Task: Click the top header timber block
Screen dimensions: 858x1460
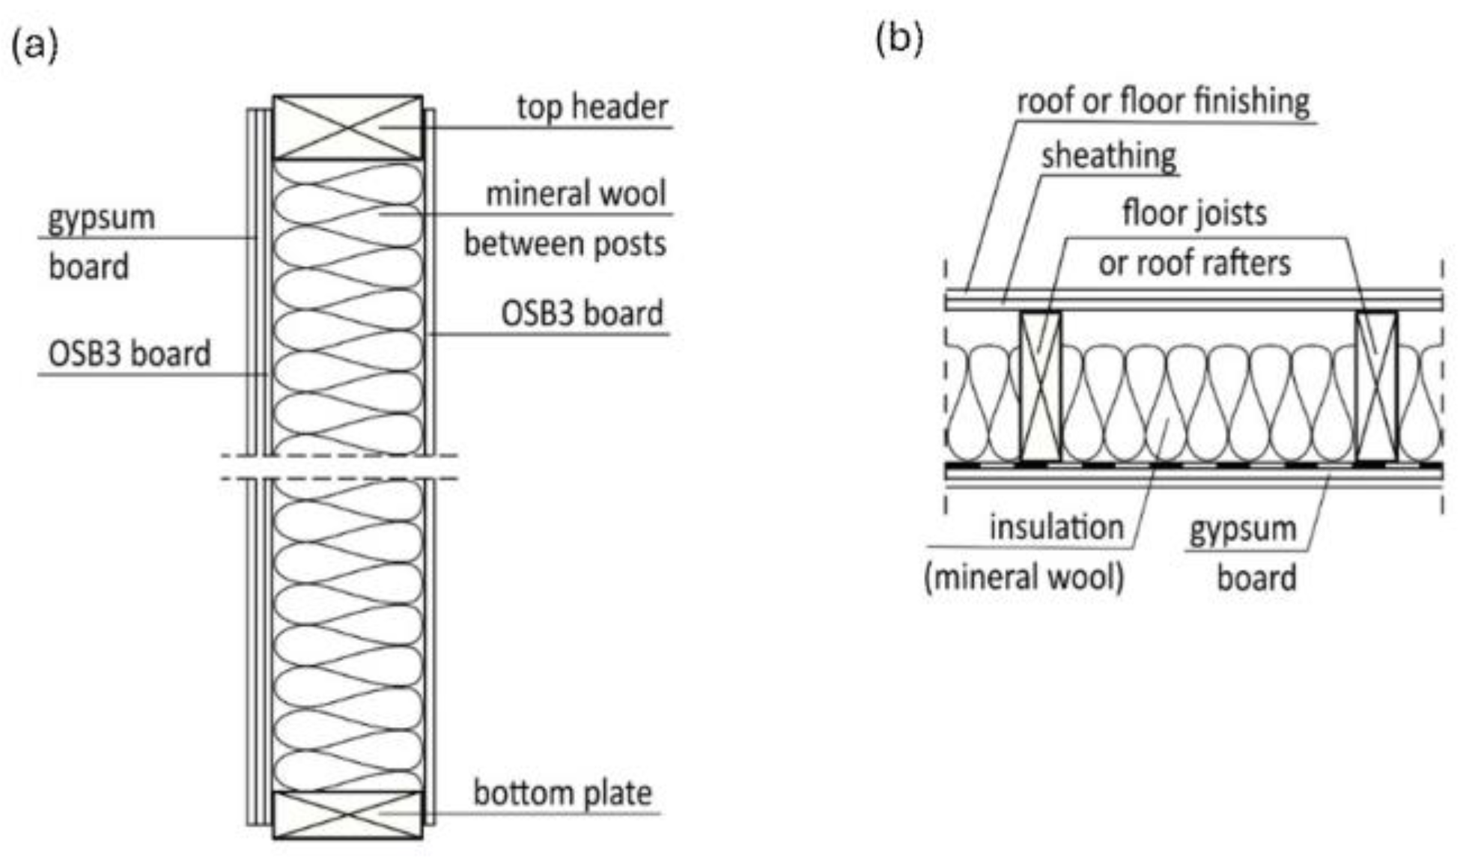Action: coord(347,127)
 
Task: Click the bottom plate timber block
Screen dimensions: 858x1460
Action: coord(347,815)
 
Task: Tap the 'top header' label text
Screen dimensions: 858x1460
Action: coord(591,107)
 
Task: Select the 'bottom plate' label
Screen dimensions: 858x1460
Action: coord(562,793)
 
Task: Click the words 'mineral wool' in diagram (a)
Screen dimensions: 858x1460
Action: coord(575,194)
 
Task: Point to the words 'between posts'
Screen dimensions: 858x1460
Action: coord(565,244)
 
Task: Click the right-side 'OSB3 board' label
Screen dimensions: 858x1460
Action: coord(582,313)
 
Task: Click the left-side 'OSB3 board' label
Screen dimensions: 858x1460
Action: coord(129,353)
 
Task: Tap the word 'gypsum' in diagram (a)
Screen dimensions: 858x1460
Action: coord(101,219)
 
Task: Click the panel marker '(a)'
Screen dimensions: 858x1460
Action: coord(34,46)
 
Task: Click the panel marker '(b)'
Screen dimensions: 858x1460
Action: coord(899,37)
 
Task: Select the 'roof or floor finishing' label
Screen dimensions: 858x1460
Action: coord(1163,101)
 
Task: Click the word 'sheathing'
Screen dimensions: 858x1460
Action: coord(1109,156)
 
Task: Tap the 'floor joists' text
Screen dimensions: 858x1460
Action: coord(1194,213)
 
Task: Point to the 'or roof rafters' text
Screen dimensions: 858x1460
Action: coord(1194,263)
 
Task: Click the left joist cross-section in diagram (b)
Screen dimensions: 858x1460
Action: coord(1040,386)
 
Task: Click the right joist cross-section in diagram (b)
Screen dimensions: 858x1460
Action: coord(1376,386)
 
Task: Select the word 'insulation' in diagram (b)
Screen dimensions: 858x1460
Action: coord(1056,528)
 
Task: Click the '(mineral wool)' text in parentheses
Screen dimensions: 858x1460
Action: coord(1023,578)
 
